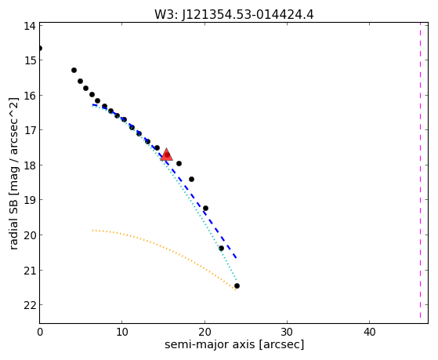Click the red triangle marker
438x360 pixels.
(x=166, y=155)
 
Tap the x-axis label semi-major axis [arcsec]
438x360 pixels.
(x=234, y=344)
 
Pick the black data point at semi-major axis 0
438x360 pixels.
(x=40, y=49)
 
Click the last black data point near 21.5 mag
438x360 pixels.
(x=237, y=285)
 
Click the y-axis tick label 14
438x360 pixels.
(x=29, y=27)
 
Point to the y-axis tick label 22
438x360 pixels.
(x=29, y=305)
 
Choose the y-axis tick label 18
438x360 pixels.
(x=29, y=165)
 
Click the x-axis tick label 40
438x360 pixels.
(x=369, y=333)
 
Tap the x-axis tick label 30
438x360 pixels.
(x=287, y=333)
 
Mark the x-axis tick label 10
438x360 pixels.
(x=121, y=333)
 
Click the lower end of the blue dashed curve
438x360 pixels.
(x=237, y=257)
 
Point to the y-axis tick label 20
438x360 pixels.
(x=29, y=235)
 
